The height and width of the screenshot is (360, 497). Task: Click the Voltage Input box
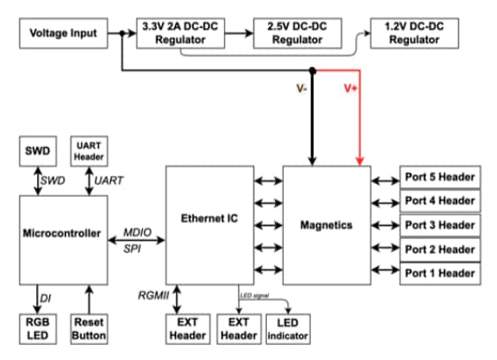[x=63, y=34]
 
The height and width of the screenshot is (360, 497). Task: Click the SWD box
[x=37, y=151]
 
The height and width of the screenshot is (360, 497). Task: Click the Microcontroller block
[x=63, y=238]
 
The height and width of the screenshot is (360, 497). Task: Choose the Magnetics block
[x=326, y=225]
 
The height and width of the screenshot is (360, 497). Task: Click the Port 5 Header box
[x=441, y=176]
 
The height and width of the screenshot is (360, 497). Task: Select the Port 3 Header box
[x=441, y=225]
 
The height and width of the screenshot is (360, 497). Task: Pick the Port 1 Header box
[x=441, y=274]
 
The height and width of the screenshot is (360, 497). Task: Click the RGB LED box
[x=37, y=328]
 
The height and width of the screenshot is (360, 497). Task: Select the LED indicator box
[x=287, y=328]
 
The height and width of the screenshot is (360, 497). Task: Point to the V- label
[x=301, y=88]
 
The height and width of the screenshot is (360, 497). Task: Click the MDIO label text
[x=137, y=231]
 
